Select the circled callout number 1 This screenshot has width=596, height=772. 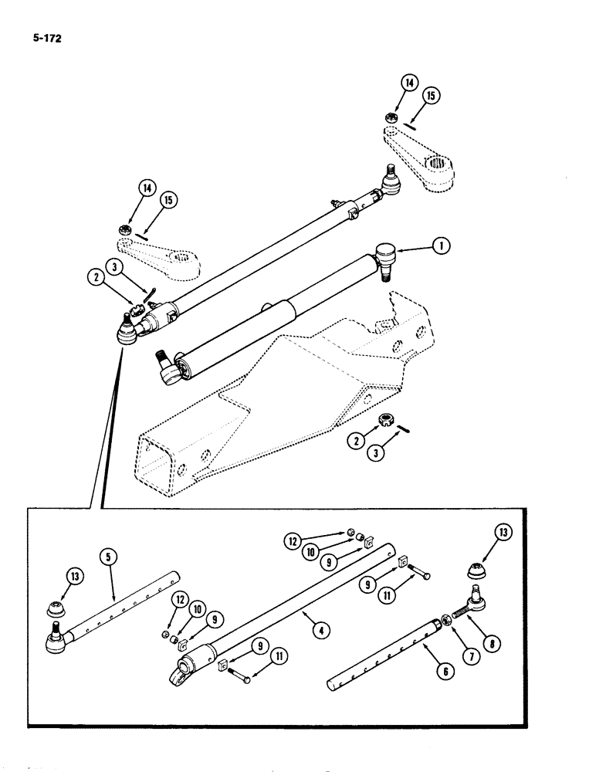440,246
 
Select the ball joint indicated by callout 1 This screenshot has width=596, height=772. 384,255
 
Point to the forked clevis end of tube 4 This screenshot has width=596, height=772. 181,671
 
